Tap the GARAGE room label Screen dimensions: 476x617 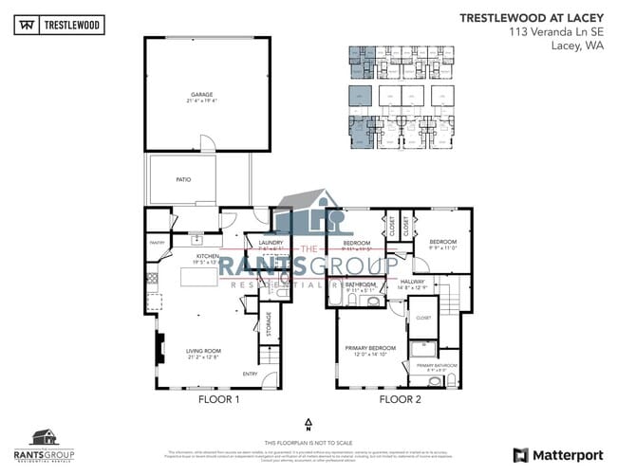201,95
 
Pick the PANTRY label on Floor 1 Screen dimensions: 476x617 158,243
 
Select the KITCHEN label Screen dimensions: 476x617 208,256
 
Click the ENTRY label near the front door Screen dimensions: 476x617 251,373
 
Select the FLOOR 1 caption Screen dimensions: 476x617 218,399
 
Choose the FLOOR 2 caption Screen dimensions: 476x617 400,399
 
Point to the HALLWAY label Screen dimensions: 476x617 413,282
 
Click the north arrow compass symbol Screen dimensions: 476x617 308,423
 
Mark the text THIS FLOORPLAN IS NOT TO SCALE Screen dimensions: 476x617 308,443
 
